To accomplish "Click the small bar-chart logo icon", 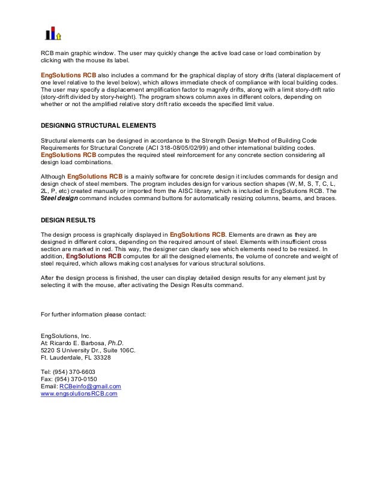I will click(x=54, y=32).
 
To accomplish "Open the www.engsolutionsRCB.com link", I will click(x=79, y=394).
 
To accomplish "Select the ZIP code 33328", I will click(x=99, y=358).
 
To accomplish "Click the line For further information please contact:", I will click(x=93, y=313).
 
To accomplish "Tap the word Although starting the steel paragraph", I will click(x=53, y=176).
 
